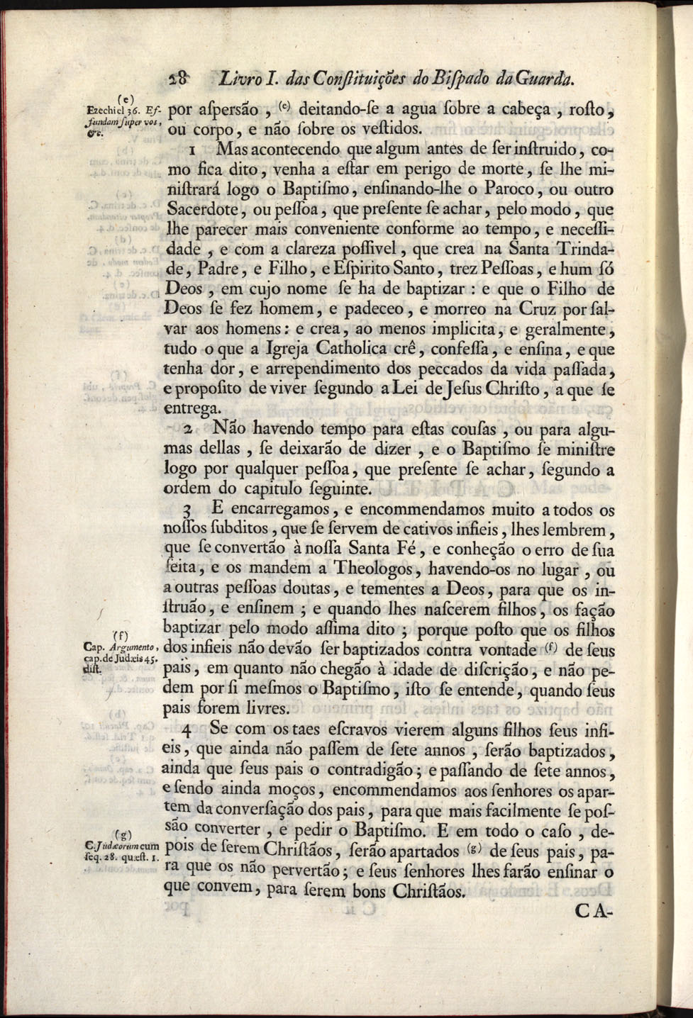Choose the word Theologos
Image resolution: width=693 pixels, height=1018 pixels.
pos(371,569)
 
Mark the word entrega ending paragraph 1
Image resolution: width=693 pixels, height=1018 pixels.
pos(192,409)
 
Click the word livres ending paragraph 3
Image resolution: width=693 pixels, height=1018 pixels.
pos(262,708)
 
